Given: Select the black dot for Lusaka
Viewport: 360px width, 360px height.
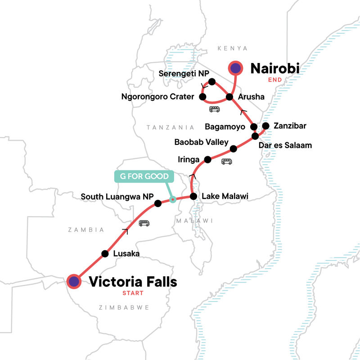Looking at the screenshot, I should [105, 253].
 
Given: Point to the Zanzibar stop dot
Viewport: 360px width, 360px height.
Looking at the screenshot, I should [265, 126].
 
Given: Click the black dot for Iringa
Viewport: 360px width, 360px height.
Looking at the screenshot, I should [208, 159].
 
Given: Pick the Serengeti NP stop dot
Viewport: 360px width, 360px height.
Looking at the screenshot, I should [212, 81].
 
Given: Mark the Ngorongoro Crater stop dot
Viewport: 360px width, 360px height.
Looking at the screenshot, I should [202, 97].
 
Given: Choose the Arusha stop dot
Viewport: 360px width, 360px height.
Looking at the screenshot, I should [229, 97].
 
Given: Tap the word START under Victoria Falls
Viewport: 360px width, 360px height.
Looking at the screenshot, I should [133, 293].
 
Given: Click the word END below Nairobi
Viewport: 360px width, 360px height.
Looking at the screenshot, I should [274, 80].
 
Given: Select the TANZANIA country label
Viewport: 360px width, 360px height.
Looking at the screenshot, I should [170, 128].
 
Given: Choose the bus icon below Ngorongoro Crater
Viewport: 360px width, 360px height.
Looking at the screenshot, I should [214, 109].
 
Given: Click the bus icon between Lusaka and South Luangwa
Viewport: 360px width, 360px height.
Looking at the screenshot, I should [144, 223].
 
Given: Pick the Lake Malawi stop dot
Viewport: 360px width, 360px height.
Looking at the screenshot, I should [193, 196].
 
